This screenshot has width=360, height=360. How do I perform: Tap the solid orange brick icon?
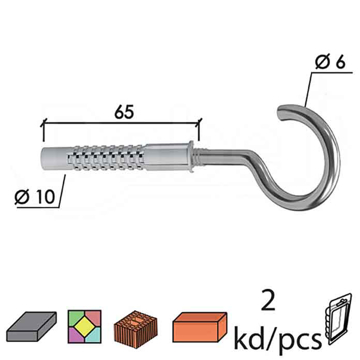[x=206, y=322]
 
